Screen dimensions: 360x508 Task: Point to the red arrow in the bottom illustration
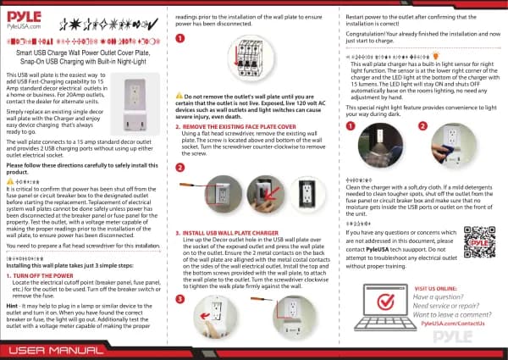pos(252,322)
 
